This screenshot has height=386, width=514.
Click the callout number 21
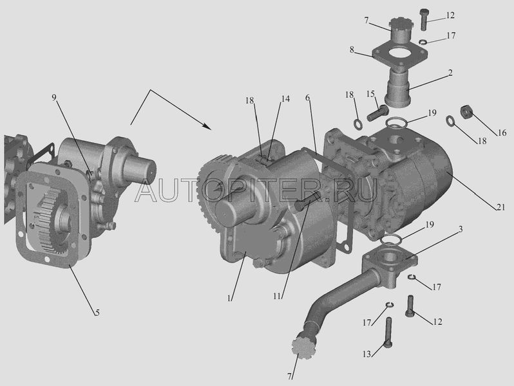[500, 207]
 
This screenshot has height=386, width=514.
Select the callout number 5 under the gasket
[97, 313]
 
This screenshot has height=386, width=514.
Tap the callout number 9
[54, 97]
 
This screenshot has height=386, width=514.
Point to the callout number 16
[502, 133]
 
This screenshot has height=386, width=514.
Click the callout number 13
[366, 354]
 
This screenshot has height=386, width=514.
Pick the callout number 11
[278, 296]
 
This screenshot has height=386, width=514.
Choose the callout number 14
[285, 98]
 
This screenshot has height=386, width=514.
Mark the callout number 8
[352, 50]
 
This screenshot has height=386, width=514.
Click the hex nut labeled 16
[466, 112]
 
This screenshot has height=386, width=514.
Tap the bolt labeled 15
[377, 113]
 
